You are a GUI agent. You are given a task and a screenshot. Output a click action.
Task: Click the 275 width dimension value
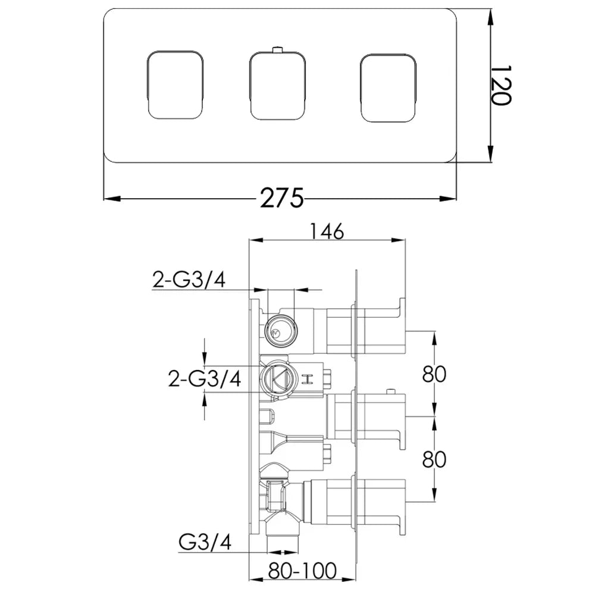click(282, 198)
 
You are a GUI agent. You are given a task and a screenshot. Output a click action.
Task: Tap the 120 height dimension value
click(501, 85)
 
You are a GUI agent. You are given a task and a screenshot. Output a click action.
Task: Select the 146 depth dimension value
click(327, 231)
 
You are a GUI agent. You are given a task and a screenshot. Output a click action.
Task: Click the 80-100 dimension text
click(302, 571)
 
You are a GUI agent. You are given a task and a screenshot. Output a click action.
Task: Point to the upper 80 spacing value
click(434, 374)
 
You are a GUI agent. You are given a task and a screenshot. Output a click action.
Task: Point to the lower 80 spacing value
click(434, 459)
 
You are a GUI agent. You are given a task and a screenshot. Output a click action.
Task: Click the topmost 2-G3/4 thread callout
click(189, 280)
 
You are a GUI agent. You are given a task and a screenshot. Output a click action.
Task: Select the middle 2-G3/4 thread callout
click(205, 378)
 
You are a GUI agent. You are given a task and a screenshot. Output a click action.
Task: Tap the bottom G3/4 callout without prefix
click(205, 542)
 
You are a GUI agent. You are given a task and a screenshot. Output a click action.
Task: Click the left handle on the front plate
click(174, 84)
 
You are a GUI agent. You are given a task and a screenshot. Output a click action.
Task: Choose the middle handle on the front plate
click(278, 85)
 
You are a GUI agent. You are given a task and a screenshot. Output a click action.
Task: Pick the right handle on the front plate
click(388, 88)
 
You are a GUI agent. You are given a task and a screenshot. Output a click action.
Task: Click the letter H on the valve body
click(306, 380)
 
